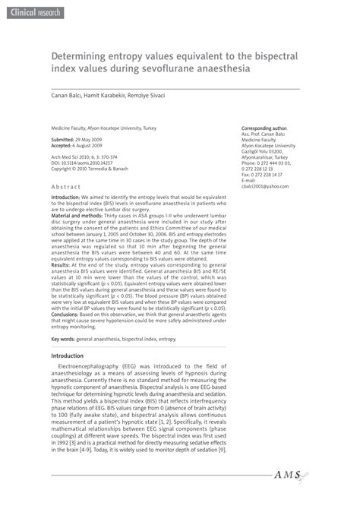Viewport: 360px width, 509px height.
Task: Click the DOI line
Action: [x=81, y=163]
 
